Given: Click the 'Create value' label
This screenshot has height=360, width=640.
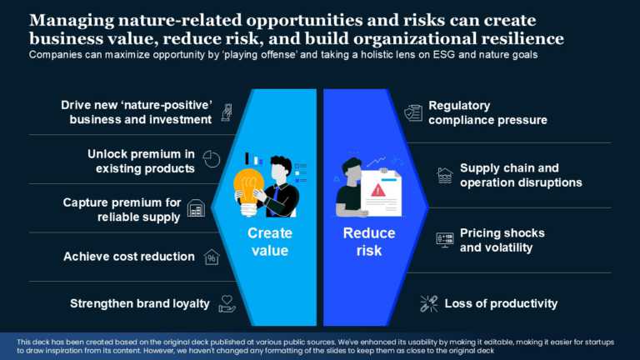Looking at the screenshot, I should [269, 242].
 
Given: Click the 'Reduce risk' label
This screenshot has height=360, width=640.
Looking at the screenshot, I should [369, 242].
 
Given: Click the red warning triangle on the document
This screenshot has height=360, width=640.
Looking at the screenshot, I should [378, 190].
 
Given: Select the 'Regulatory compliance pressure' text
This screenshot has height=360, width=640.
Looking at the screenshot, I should [487, 112].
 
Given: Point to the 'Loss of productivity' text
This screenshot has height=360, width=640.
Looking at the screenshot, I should [501, 303].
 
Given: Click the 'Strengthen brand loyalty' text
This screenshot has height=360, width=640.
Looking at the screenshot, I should [140, 303].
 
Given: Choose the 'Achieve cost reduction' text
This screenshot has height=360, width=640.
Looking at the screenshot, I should [129, 257].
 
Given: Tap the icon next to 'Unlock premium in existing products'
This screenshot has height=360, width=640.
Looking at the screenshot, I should [212, 159].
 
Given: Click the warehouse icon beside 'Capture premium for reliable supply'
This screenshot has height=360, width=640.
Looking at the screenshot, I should [197, 208].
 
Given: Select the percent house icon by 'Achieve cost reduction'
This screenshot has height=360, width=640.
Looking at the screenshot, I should [212, 257].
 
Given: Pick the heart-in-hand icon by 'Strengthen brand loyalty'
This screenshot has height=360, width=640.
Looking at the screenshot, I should [227, 303].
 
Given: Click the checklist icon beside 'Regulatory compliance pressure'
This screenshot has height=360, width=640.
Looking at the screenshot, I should [413, 112].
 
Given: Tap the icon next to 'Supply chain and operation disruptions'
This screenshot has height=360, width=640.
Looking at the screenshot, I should [445, 175].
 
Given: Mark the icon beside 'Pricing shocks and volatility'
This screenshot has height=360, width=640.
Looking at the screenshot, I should [445, 240].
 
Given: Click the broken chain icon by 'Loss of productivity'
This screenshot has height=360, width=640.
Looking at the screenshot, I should [429, 303].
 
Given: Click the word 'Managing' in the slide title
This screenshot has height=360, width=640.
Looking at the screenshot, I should [65, 20].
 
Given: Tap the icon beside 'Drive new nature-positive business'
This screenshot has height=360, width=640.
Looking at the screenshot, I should [226, 112].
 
